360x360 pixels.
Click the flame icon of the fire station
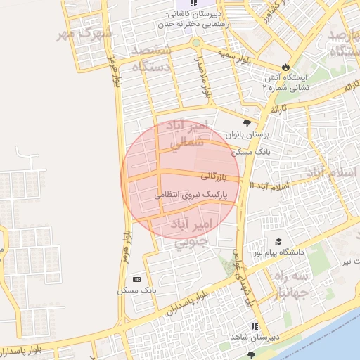coord(285,67)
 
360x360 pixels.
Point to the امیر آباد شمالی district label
coord(188,134)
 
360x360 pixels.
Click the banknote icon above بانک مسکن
coord(136,278)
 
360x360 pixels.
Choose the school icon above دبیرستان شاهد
coord(255,327)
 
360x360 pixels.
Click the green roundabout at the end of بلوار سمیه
coord(195,44)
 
